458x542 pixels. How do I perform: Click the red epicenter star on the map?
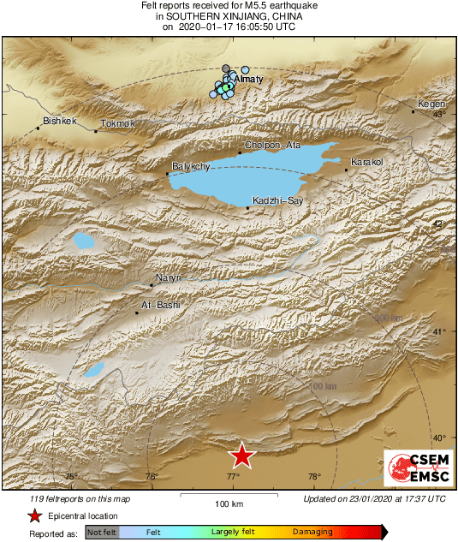242,456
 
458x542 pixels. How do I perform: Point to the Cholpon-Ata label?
272,145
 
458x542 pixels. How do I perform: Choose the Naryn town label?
169,277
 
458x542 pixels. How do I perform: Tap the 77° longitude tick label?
233,477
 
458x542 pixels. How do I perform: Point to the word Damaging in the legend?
312,532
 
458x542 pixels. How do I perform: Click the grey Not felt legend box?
102,532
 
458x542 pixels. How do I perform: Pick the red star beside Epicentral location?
35,515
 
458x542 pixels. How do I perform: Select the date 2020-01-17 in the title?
211,27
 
